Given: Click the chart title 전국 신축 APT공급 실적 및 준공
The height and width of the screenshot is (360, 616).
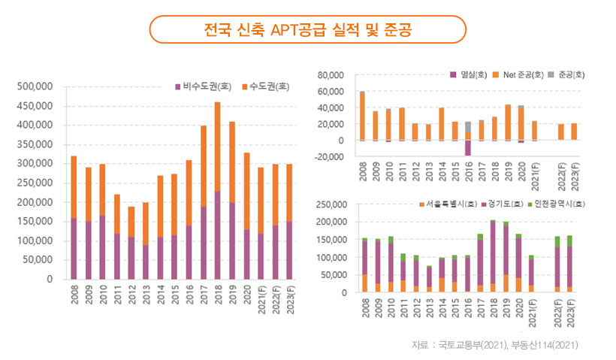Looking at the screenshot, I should pyautogui.click(x=308, y=30).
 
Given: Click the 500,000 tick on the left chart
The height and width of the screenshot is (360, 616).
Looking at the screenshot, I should pyautogui.click(x=36, y=86).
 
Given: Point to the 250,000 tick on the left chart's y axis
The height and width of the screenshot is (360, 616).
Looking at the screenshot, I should pyautogui.click(x=36, y=183).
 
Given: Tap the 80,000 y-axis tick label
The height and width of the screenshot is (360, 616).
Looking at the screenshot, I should pyautogui.click(x=331, y=75).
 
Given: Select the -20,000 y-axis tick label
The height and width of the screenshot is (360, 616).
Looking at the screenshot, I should pyautogui.click(x=329, y=156).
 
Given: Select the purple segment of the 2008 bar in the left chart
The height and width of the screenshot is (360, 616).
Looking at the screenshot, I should pyautogui.click(x=74, y=248).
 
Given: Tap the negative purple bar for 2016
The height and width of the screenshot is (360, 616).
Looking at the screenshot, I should pyautogui.click(x=467, y=147).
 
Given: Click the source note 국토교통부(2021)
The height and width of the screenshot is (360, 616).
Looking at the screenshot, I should pyautogui.click(x=474, y=345).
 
